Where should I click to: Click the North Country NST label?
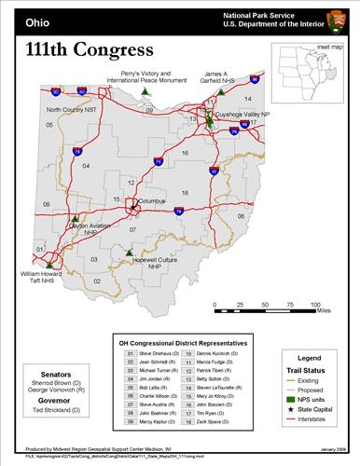tap(72, 110)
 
